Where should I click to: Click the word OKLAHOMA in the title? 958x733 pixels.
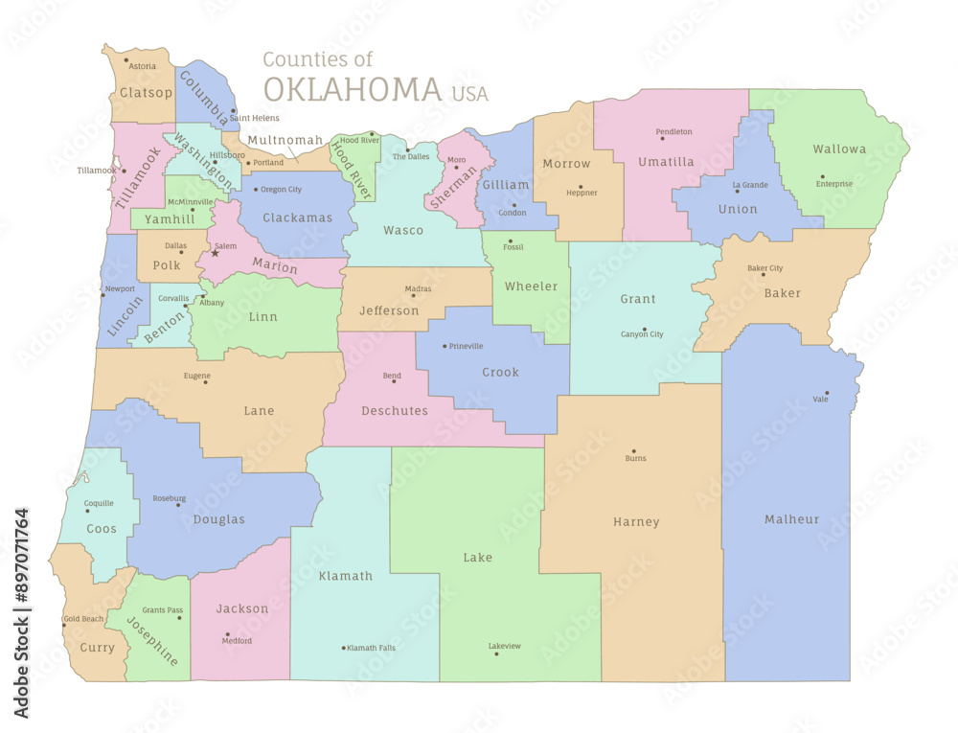(x=352, y=89)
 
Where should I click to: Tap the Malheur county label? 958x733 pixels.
(x=791, y=519)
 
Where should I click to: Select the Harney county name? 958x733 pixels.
(x=636, y=522)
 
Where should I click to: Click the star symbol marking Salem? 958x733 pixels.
(x=215, y=253)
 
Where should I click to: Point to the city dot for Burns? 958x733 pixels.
(x=633, y=450)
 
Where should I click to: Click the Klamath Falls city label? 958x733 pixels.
(x=371, y=648)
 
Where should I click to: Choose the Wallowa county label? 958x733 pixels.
(x=839, y=149)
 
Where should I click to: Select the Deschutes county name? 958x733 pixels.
(x=394, y=411)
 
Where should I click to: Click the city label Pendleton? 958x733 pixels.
(x=674, y=131)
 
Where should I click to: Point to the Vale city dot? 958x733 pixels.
(x=826, y=393)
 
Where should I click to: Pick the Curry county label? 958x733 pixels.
(x=97, y=648)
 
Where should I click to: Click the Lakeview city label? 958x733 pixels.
(x=505, y=646)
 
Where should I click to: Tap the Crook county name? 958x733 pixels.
(x=500, y=372)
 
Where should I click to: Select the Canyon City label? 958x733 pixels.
(x=642, y=334)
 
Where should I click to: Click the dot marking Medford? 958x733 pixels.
(x=227, y=633)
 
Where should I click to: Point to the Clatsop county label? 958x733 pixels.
(x=146, y=93)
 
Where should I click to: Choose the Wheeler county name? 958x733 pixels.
(x=531, y=286)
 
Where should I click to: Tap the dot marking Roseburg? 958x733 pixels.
(x=178, y=505)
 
